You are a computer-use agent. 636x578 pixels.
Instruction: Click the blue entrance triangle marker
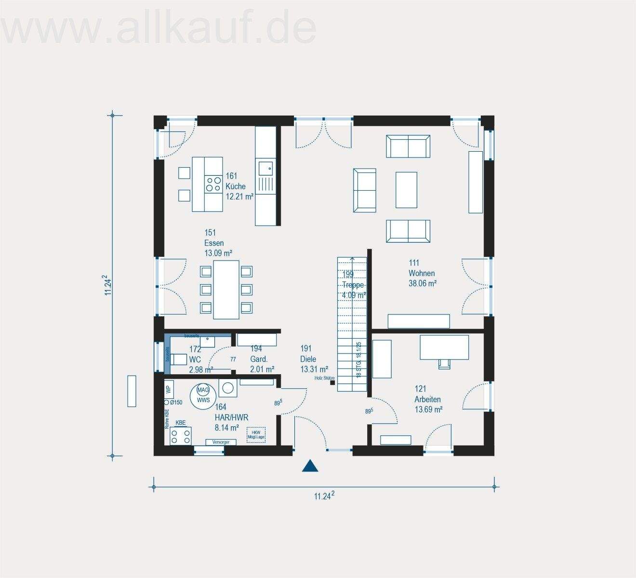click(311, 466)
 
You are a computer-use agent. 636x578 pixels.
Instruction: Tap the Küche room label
click(236, 186)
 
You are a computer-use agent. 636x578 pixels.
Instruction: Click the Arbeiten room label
click(427, 399)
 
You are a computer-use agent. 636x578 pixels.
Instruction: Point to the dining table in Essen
click(226, 289)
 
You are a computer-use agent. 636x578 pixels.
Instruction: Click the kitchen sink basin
click(265, 168)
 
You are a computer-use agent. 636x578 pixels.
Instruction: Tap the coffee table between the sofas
click(406, 189)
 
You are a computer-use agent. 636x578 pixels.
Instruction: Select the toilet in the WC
click(179, 359)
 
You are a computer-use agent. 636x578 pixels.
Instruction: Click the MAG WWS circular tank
click(203, 395)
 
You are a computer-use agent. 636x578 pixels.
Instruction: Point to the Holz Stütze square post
click(332, 383)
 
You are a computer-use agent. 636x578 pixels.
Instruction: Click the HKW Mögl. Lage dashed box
click(256, 435)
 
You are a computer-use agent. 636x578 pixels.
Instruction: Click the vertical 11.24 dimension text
click(108, 287)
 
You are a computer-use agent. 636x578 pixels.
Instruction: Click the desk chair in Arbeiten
click(444, 363)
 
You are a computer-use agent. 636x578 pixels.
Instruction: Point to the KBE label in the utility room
click(181, 423)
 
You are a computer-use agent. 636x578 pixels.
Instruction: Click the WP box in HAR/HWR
click(168, 389)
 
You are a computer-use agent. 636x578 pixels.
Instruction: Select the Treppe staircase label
click(353, 285)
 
